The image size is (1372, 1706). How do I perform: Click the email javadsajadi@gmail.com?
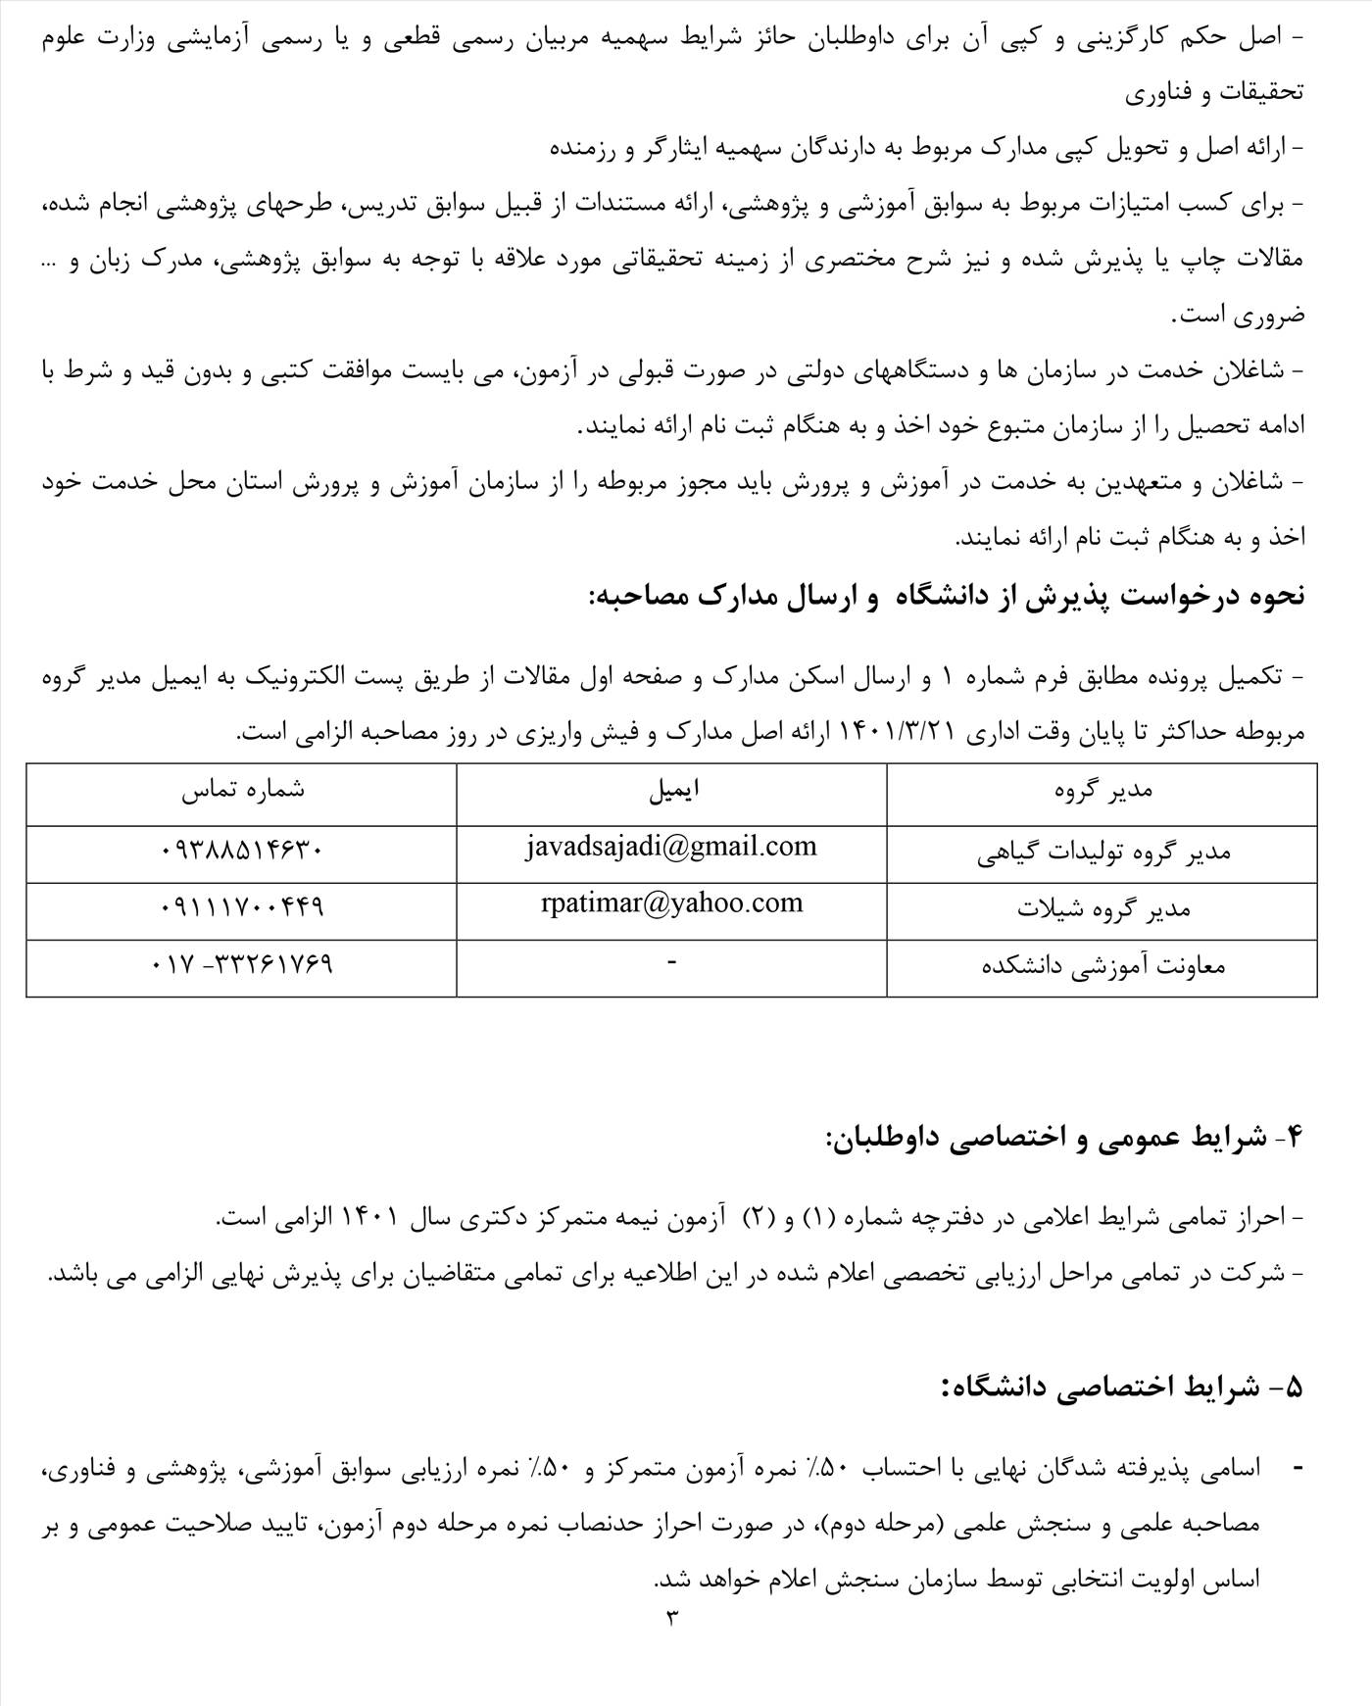pyautogui.click(x=670, y=847)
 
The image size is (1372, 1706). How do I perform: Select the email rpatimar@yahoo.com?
pyautogui.click(x=671, y=903)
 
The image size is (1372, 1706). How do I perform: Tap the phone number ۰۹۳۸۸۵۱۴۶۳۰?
pyautogui.click(x=241, y=851)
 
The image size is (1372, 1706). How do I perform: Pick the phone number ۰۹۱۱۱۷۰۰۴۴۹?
pyautogui.click(x=241, y=907)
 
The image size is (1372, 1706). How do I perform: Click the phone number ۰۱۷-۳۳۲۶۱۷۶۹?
pyautogui.click(x=242, y=964)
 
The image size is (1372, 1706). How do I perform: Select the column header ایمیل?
pyautogui.click(x=673, y=791)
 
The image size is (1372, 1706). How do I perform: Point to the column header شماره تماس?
pyautogui.click(x=242, y=791)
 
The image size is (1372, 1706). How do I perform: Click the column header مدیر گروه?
pyautogui.click(x=1102, y=791)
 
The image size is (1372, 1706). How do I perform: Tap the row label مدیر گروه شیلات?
pyautogui.click(x=1102, y=909)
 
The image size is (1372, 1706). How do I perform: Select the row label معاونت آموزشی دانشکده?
pyautogui.click(x=1102, y=966)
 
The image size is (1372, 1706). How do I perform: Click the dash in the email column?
pyautogui.click(x=671, y=963)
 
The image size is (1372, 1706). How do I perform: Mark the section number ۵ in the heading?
pyautogui.click(x=1294, y=1388)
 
